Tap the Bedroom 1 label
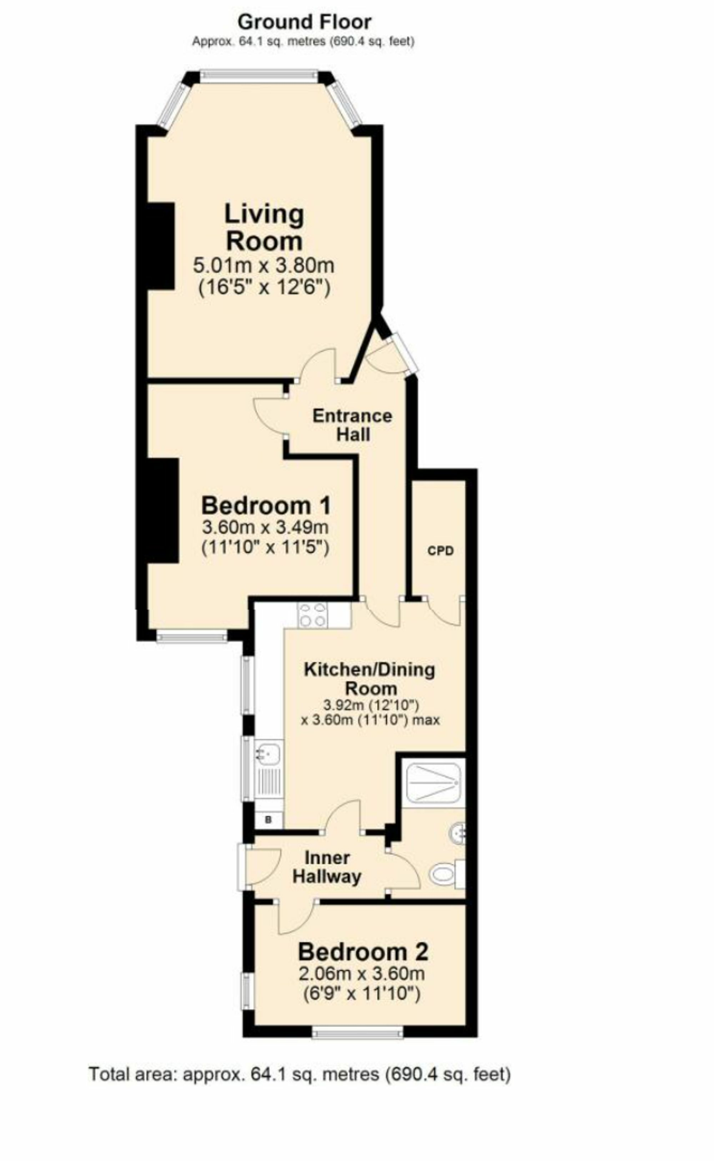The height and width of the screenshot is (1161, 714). click(266, 506)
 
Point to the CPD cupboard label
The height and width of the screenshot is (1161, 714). click(440, 551)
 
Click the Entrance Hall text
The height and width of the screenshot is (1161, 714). click(352, 425)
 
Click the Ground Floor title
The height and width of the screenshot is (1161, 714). click(304, 22)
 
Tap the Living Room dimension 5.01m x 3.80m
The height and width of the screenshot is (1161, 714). click(263, 265)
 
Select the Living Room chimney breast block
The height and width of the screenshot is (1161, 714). click(161, 246)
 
